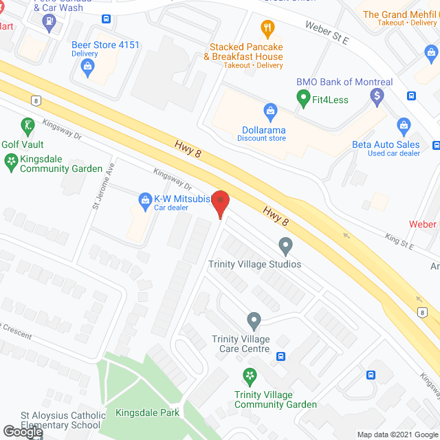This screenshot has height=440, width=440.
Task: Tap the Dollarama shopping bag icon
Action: (271, 110)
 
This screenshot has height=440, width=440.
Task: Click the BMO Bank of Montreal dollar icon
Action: (376, 97)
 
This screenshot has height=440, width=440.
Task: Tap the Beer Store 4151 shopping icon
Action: (87, 66)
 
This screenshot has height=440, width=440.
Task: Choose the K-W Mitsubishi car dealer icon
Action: (145, 201)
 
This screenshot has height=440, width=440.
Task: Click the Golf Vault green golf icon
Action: (27, 126)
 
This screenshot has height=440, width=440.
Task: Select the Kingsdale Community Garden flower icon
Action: (11, 162)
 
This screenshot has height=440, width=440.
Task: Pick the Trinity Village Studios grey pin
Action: (285, 245)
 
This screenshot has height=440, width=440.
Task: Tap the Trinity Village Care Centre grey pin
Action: (254, 320)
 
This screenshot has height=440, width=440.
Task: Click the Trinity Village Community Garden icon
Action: (250, 376)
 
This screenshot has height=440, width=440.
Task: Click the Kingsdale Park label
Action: (147, 412)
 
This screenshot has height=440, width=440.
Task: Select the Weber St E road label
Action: (327, 30)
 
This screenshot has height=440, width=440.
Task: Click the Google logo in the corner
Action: (22, 432)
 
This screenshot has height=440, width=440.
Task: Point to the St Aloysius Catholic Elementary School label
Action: (63, 420)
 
